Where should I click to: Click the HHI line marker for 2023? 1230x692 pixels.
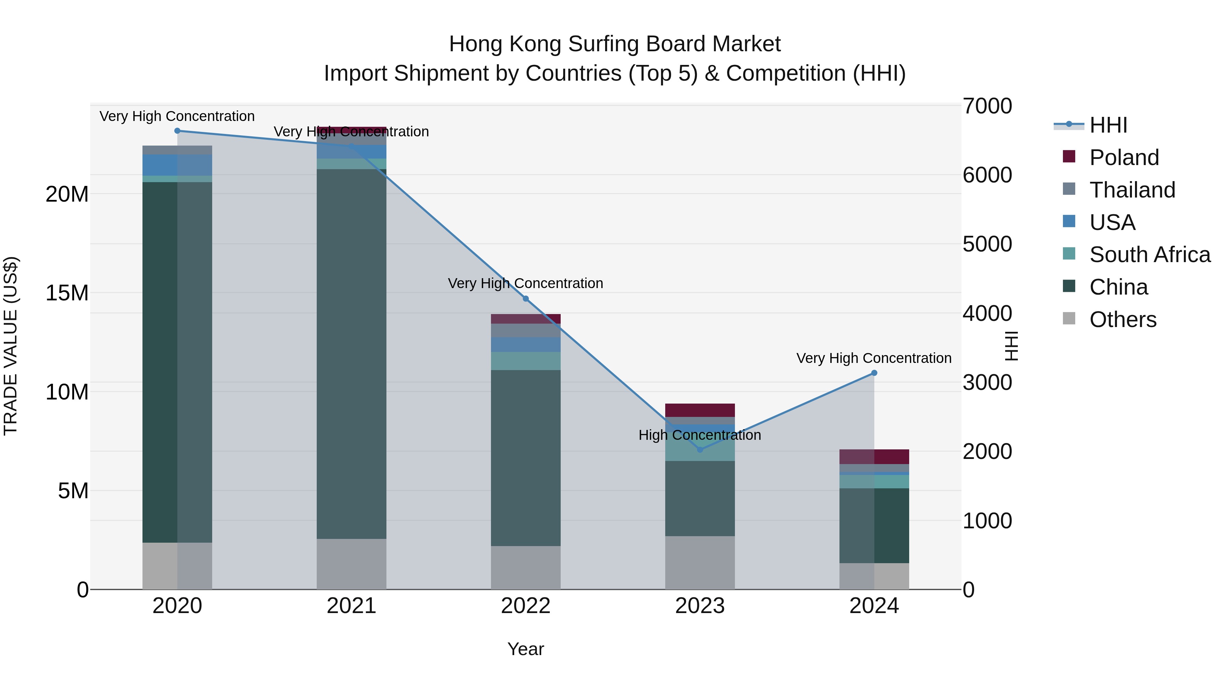[700, 449]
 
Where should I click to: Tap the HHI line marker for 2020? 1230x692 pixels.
[177, 131]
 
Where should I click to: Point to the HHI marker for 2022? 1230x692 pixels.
[526, 298]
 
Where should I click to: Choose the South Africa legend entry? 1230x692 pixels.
[1149, 255]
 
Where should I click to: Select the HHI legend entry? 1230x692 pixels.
[1108, 125]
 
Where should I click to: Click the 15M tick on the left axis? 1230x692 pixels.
[67, 293]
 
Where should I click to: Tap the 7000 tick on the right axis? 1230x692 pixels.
[987, 106]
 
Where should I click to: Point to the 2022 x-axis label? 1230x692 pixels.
[526, 606]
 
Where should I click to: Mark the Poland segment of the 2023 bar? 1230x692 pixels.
[700, 410]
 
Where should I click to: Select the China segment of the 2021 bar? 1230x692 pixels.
[352, 353]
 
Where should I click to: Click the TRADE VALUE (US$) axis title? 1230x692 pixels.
[11, 346]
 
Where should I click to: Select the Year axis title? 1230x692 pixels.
[526, 649]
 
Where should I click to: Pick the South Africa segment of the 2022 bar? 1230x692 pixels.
[526, 361]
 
